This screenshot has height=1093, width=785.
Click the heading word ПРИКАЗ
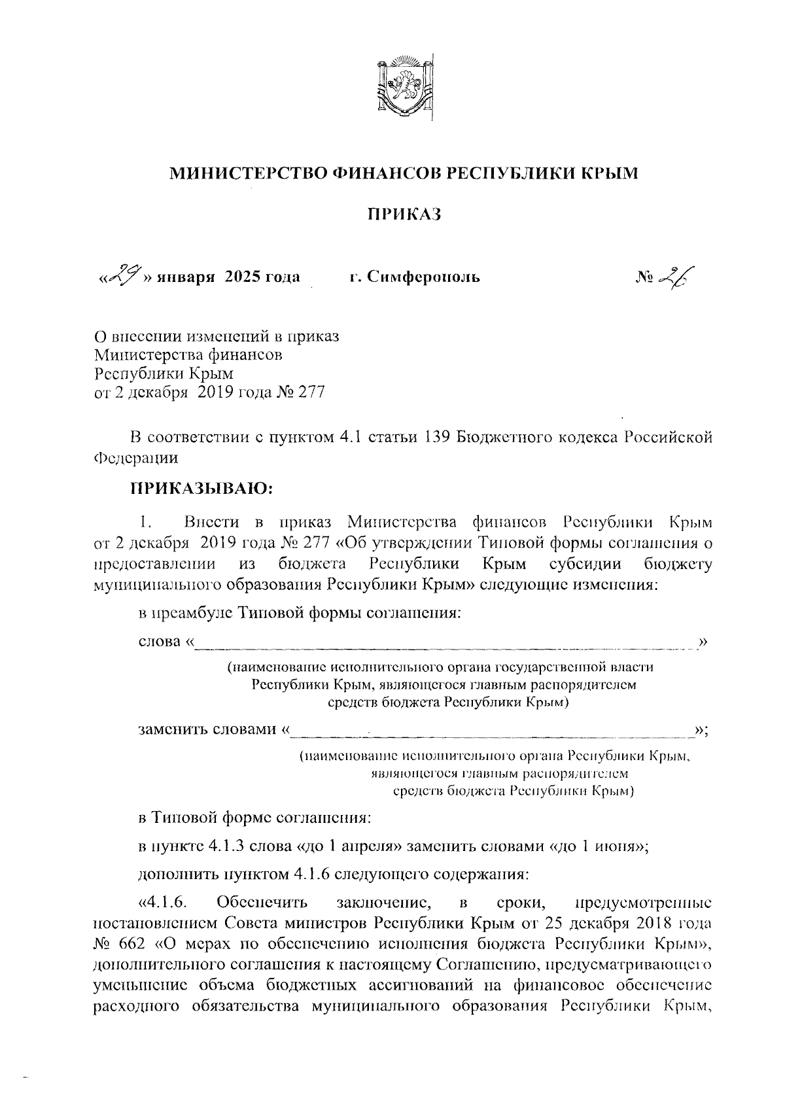pos(403,213)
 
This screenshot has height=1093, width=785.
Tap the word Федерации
pos(136,458)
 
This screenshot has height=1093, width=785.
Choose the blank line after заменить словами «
pos(491,731)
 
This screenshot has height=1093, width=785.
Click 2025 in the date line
pos(242,277)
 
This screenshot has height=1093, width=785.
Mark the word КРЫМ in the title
pos(606,173)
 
